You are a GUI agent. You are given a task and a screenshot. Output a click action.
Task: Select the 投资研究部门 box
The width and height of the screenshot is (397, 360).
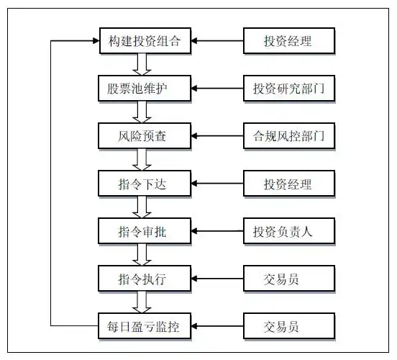point(288,89)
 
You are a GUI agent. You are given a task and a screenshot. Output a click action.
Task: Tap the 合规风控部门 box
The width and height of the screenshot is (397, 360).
point(288,136)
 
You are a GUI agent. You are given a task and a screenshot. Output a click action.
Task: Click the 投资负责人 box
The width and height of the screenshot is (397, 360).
point(288,232)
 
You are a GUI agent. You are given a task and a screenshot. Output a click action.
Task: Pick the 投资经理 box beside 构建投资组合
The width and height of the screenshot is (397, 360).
point(288,41)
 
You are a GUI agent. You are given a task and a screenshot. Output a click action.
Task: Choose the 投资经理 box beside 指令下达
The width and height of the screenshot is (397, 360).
point(288,184)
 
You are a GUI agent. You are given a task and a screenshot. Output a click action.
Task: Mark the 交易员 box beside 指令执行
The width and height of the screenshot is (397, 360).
point(288,279)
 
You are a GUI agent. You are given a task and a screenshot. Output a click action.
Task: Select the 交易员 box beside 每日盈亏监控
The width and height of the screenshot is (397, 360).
point(288,327)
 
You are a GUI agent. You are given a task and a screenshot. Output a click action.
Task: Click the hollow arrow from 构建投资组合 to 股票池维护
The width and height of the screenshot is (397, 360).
point(142,65)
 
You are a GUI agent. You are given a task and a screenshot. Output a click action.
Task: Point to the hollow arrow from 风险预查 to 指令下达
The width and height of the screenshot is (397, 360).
point(142,160)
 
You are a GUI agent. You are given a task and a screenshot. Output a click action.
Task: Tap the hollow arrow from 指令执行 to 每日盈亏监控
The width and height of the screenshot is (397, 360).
point(142,303)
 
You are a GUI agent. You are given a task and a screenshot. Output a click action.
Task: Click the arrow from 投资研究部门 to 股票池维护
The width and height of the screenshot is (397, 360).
point(216,89)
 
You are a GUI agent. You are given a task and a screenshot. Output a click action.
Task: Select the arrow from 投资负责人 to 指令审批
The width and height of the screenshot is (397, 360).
point(216,232)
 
